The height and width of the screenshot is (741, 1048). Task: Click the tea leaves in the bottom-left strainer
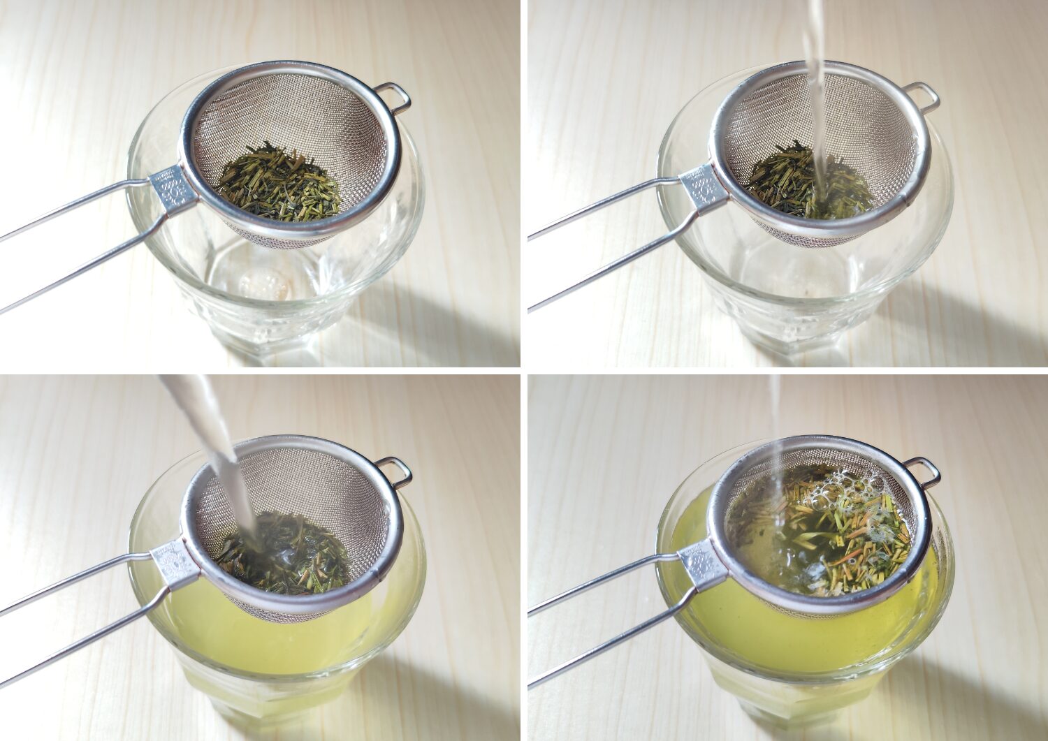(x=293, y=559)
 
